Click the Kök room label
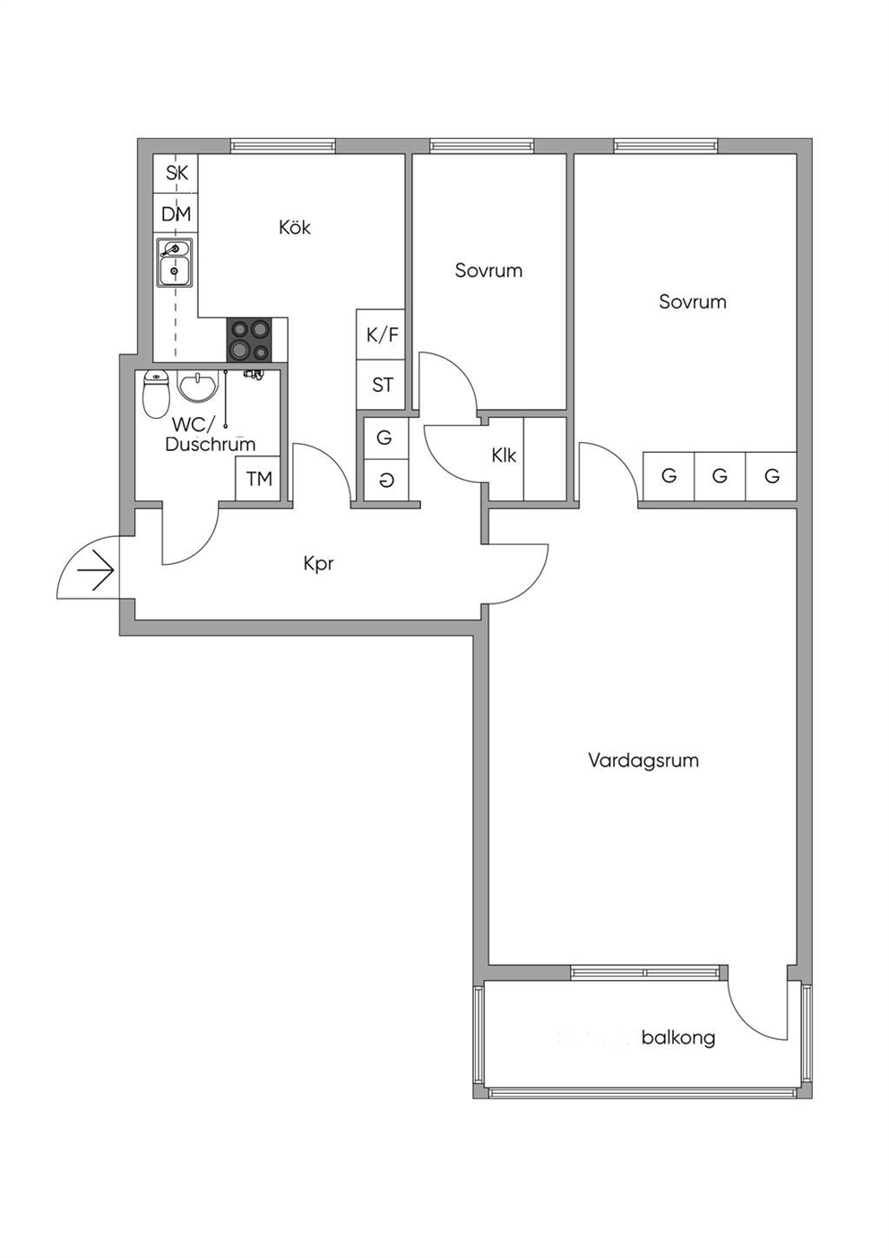295,228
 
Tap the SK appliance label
177,173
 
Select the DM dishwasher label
177,214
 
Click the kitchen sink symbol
175,262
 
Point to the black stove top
249,339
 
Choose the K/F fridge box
381,334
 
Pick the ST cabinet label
383,386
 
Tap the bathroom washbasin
197,386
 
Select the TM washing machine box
258,479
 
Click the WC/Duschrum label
211,434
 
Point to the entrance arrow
96,570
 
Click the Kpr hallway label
318,564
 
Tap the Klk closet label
504,455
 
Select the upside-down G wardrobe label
384,481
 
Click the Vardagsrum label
643,760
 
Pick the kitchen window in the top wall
283,145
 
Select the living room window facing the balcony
645,972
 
